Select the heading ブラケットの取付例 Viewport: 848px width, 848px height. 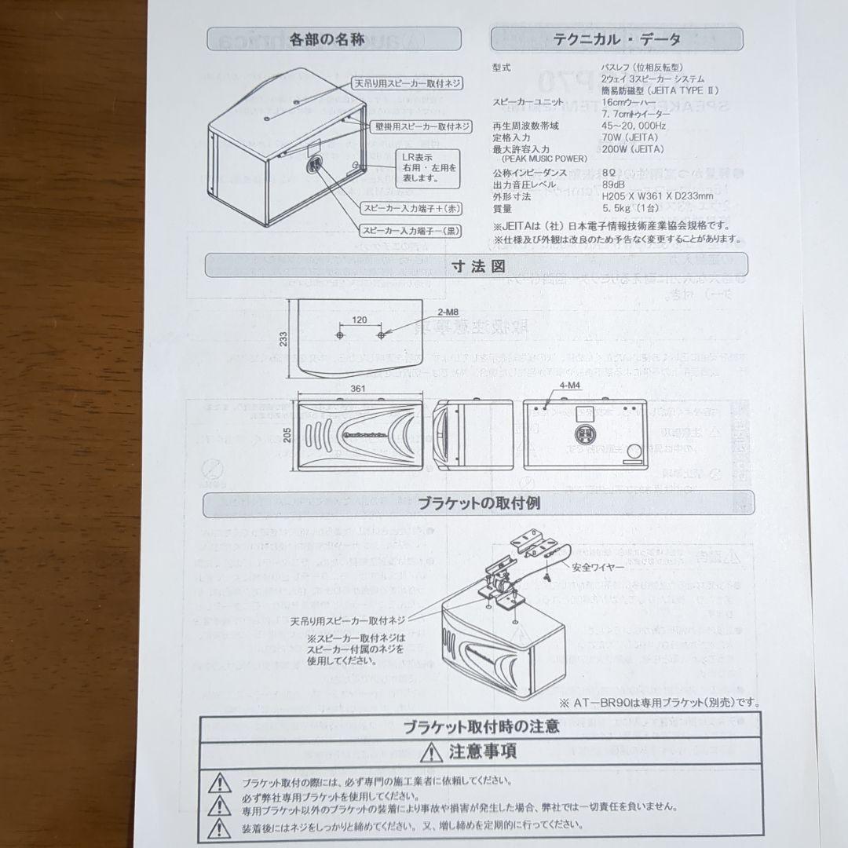point(479,502)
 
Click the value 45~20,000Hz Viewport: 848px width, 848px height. point(633,124)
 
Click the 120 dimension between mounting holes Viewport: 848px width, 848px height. point(360,321)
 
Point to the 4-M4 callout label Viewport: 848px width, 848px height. point(572,386)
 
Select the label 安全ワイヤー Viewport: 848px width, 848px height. point(598,566)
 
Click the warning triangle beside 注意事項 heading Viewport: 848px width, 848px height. point(429,752)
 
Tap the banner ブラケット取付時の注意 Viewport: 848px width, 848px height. point(481,726)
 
